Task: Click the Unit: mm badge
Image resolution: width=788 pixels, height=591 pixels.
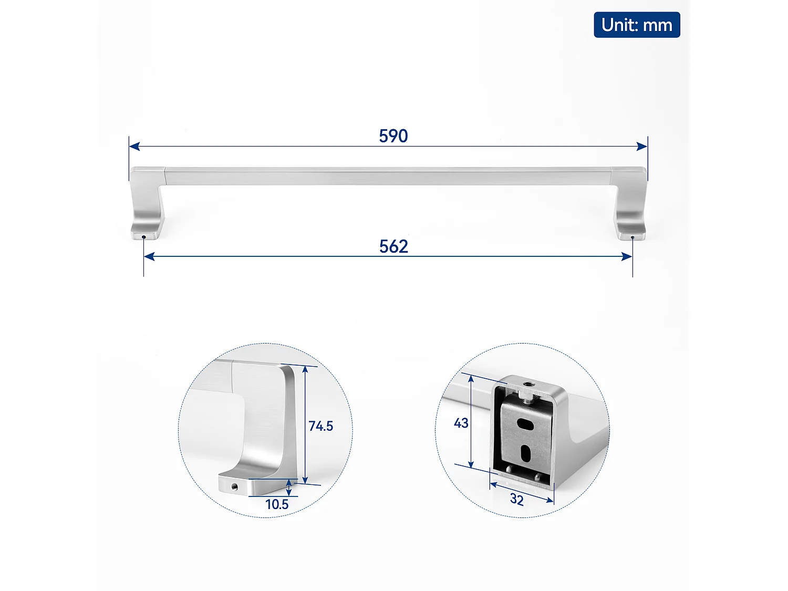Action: click(x=637, y=25)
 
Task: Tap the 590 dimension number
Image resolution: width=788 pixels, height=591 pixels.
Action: click(x=393, y=136)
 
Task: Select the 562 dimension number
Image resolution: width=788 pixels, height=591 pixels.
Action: click(x=393, y=246)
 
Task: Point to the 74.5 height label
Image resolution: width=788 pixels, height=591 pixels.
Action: click(x=321, y=426)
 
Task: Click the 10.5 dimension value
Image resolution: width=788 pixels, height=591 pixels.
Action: click(x=277, y=504)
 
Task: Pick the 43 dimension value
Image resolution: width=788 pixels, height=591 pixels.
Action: click(x=461, y=423)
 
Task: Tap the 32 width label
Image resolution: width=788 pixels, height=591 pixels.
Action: click(x=517, y=499)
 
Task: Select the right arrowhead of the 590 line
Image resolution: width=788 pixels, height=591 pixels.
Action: click(x=642, y=146)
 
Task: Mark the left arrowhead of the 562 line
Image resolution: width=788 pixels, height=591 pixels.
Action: click(x=149, y=256)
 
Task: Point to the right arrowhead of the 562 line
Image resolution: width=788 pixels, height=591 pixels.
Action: click(x=627, y=256)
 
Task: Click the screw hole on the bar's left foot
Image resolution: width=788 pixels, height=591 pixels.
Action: click(x=143, y=237)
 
